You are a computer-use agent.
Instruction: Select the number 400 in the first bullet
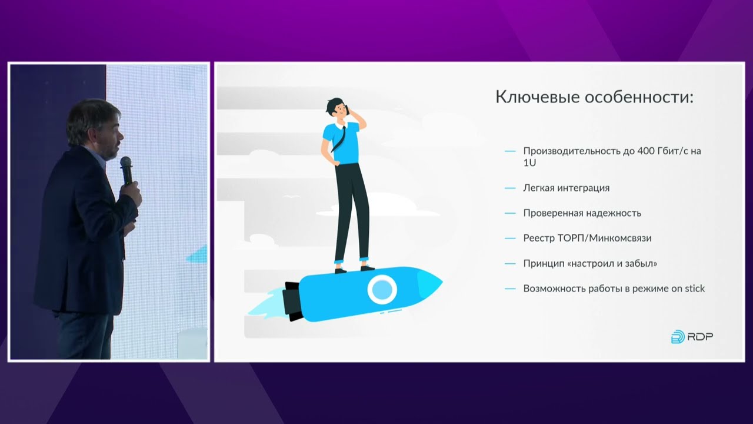648,151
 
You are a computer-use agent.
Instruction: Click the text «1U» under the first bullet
529,163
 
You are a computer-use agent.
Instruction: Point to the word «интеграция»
581,188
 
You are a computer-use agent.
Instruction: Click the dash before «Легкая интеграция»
510,188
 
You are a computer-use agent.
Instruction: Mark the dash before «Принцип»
510,264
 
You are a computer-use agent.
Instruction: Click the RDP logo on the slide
692,337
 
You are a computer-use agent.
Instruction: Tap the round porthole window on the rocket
382,289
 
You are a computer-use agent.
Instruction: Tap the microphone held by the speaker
126,170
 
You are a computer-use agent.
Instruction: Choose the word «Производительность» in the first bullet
569,151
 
